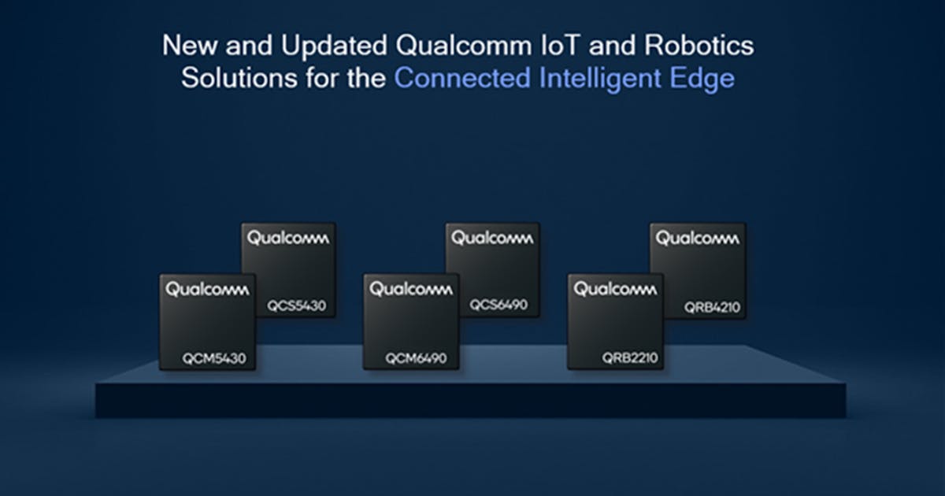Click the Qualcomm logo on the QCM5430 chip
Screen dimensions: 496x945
(x=206, y=290)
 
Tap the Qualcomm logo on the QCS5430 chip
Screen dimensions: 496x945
(x=288, y=238)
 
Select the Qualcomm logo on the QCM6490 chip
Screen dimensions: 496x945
(x=410, y=290)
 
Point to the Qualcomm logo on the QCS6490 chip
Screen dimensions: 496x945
(x=492, y=238)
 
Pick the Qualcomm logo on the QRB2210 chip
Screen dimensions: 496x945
(x=615, y=290)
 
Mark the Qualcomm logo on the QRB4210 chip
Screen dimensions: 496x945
(x=697, y=238)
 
